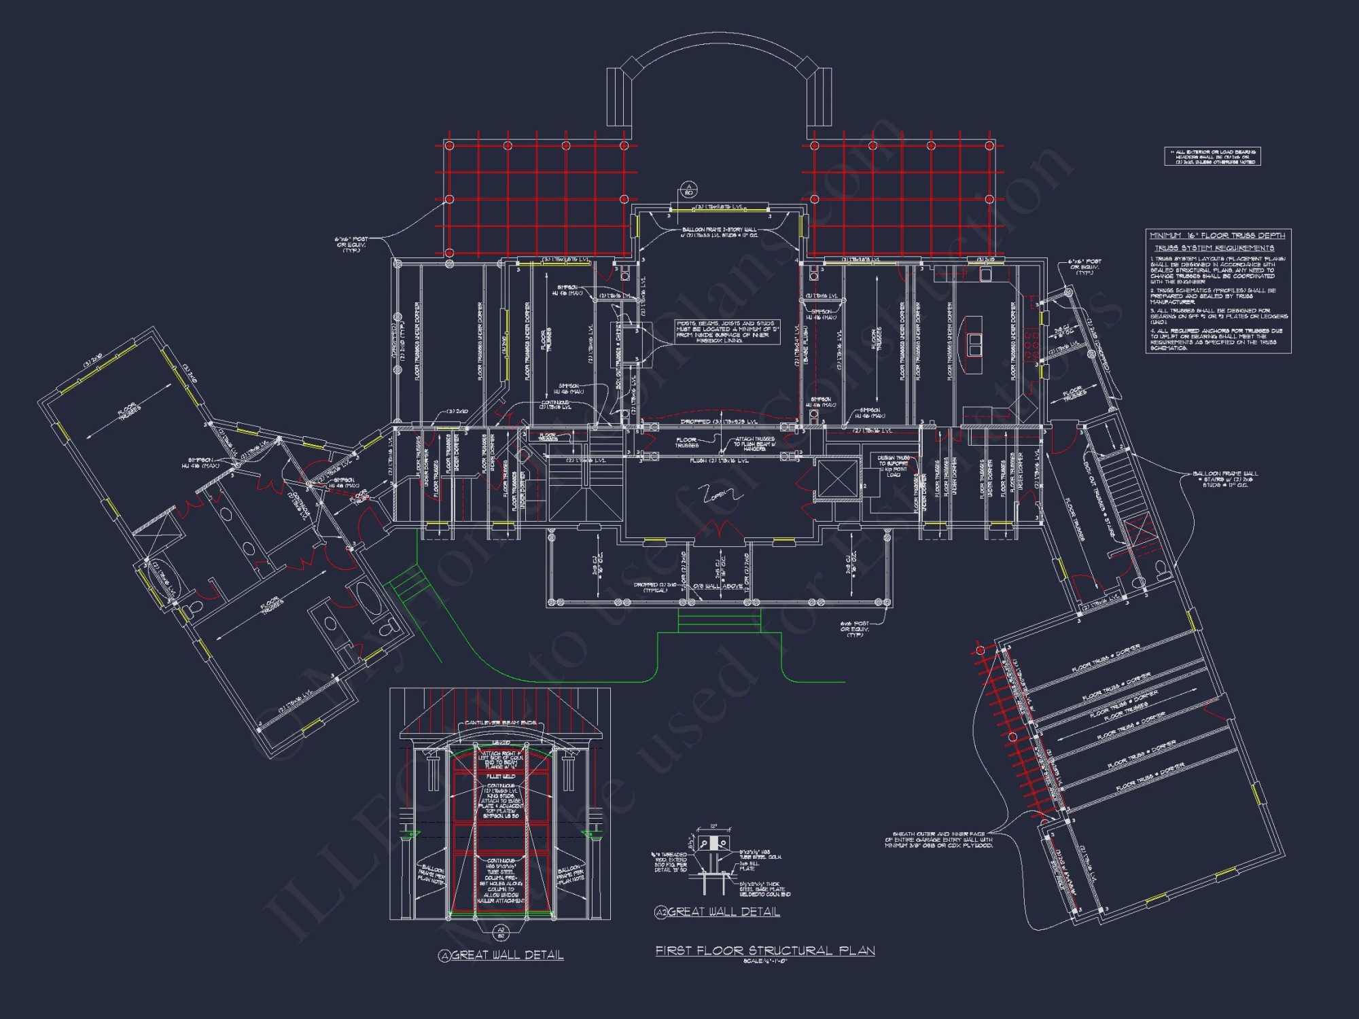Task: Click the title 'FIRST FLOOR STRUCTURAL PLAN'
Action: (x=765, y=950)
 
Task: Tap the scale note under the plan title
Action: (x=765, y=961)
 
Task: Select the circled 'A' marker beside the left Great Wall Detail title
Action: (x=444, y=956)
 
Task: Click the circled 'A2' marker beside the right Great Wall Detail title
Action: (x=660, y=912)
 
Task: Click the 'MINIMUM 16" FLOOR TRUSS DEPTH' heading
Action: (x=1217, y=236)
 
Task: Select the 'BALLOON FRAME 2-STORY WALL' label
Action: (x=719, y=230)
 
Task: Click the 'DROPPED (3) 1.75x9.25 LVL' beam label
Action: (x=719, y=422)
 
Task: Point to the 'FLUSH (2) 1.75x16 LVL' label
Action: (x=719, y=461)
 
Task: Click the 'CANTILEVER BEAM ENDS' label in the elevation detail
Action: (x=501, y=723)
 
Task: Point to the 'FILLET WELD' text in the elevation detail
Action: (x=501, y=776)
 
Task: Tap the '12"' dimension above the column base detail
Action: (x=713, y=827)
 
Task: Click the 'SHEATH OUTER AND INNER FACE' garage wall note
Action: (x=939, y=840)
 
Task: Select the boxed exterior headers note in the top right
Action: (x=1212, y=157)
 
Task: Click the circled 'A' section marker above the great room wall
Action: (x=688, y=190)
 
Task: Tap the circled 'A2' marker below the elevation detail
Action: (x=501, y=932)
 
